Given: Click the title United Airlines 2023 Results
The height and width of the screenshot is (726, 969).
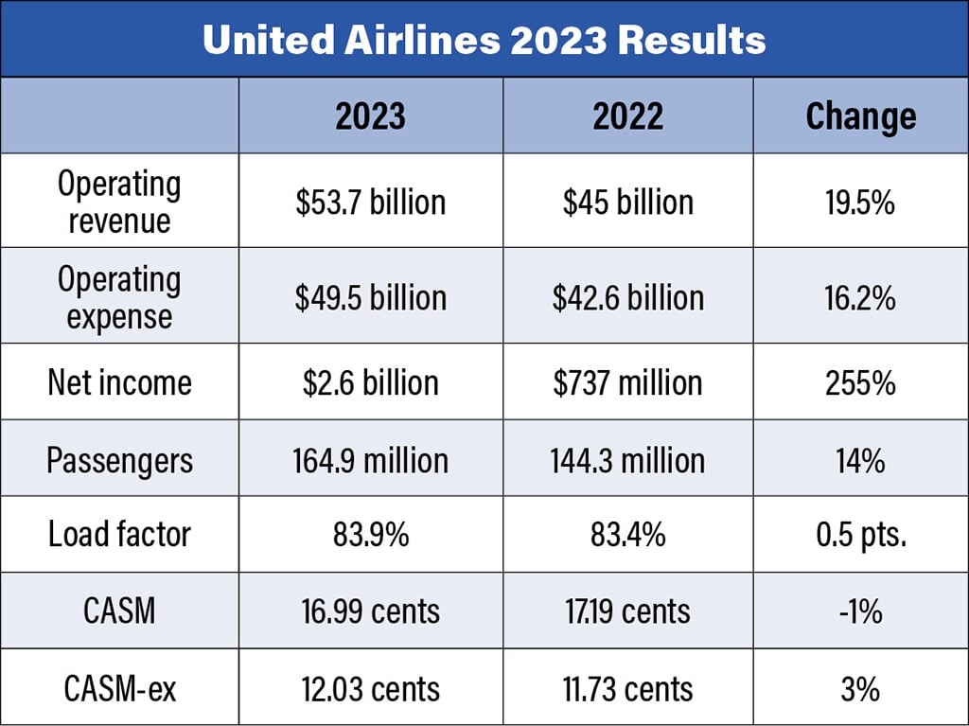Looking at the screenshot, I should pyautogui.click(x=484, y=41).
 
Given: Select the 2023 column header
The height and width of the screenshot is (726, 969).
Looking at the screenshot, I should pyautogui.click(x=370, y=115).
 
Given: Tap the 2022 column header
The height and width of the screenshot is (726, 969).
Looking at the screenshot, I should pyautogui.click(x=627, y=115).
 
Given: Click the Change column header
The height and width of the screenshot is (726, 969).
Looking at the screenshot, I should pyautogui.click(x=860, y=115).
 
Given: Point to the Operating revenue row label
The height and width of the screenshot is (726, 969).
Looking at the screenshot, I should pyautogui.click(x=119, y=202).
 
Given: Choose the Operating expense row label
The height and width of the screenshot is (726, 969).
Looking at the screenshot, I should pyautogui.click(x=119, y=297).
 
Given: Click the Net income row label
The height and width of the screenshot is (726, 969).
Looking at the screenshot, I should pyautogui.click(x=119, y=382).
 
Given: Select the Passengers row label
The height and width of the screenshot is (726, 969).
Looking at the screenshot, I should pyautogui.click(x=119, y=461).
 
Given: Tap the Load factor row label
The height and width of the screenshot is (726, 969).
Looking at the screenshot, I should pyautogui.click(x=119, y=535).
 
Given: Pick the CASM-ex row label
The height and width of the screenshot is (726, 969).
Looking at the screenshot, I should pyautogui.click(x=119, y=688).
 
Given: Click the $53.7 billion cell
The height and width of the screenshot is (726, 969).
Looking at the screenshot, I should pyautogui.click(x=370, y=202).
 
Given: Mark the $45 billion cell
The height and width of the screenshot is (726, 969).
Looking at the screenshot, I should pyautogui.click(x=627, y=202).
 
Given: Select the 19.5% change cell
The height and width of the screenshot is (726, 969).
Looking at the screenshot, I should pyautogui.click(x=860, y=202).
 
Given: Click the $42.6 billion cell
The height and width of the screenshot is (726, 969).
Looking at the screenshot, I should pyautogui.click(x=627, y=297).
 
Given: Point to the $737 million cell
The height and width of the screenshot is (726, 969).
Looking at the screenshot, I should pyautogui.click(x=627, y=382).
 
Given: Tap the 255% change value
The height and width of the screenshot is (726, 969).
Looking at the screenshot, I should pyautogui.click(x=860, y=382).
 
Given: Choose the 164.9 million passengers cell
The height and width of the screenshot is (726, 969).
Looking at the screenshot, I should pyautogui.click(x=370, y=461).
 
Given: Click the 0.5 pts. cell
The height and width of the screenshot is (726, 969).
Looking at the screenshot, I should pyautogui.click(x=860, y=535).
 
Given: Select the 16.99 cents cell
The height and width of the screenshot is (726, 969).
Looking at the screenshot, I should pyautogui.click(x=370, y=611).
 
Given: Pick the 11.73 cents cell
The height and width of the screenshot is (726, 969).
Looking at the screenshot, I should pyautogui.click(x=627, y=688).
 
